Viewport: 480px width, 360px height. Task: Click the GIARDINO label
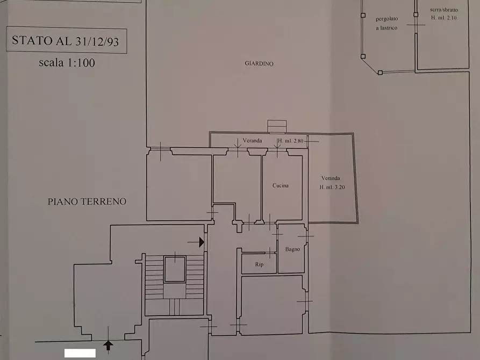[259, 63]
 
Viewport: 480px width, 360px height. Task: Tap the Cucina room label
[280, 185]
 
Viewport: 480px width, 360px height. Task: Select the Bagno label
[292, 249]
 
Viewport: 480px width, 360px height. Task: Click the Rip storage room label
[259, 264]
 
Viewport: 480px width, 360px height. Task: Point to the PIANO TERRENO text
[87, 201]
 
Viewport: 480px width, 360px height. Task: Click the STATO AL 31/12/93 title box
[66, 41]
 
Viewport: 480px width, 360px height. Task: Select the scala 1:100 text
[67, 62]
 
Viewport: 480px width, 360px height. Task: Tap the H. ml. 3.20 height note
[332, 187]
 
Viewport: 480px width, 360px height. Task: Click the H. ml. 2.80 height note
[290, 141]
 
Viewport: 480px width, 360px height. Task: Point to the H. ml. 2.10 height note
[443, 18]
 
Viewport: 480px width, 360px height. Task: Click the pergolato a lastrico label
[386, 23]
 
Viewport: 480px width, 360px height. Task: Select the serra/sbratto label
[444, 10]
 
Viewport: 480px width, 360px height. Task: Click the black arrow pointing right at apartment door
[201, 242]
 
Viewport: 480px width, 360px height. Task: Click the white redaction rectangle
[80, 353]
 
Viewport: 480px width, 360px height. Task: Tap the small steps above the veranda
[277, 126]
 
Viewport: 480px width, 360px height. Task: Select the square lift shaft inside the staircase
[174, 269]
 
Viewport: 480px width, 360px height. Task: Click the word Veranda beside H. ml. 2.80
[252, 141]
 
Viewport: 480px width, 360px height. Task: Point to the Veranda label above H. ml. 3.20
[331, 178]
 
